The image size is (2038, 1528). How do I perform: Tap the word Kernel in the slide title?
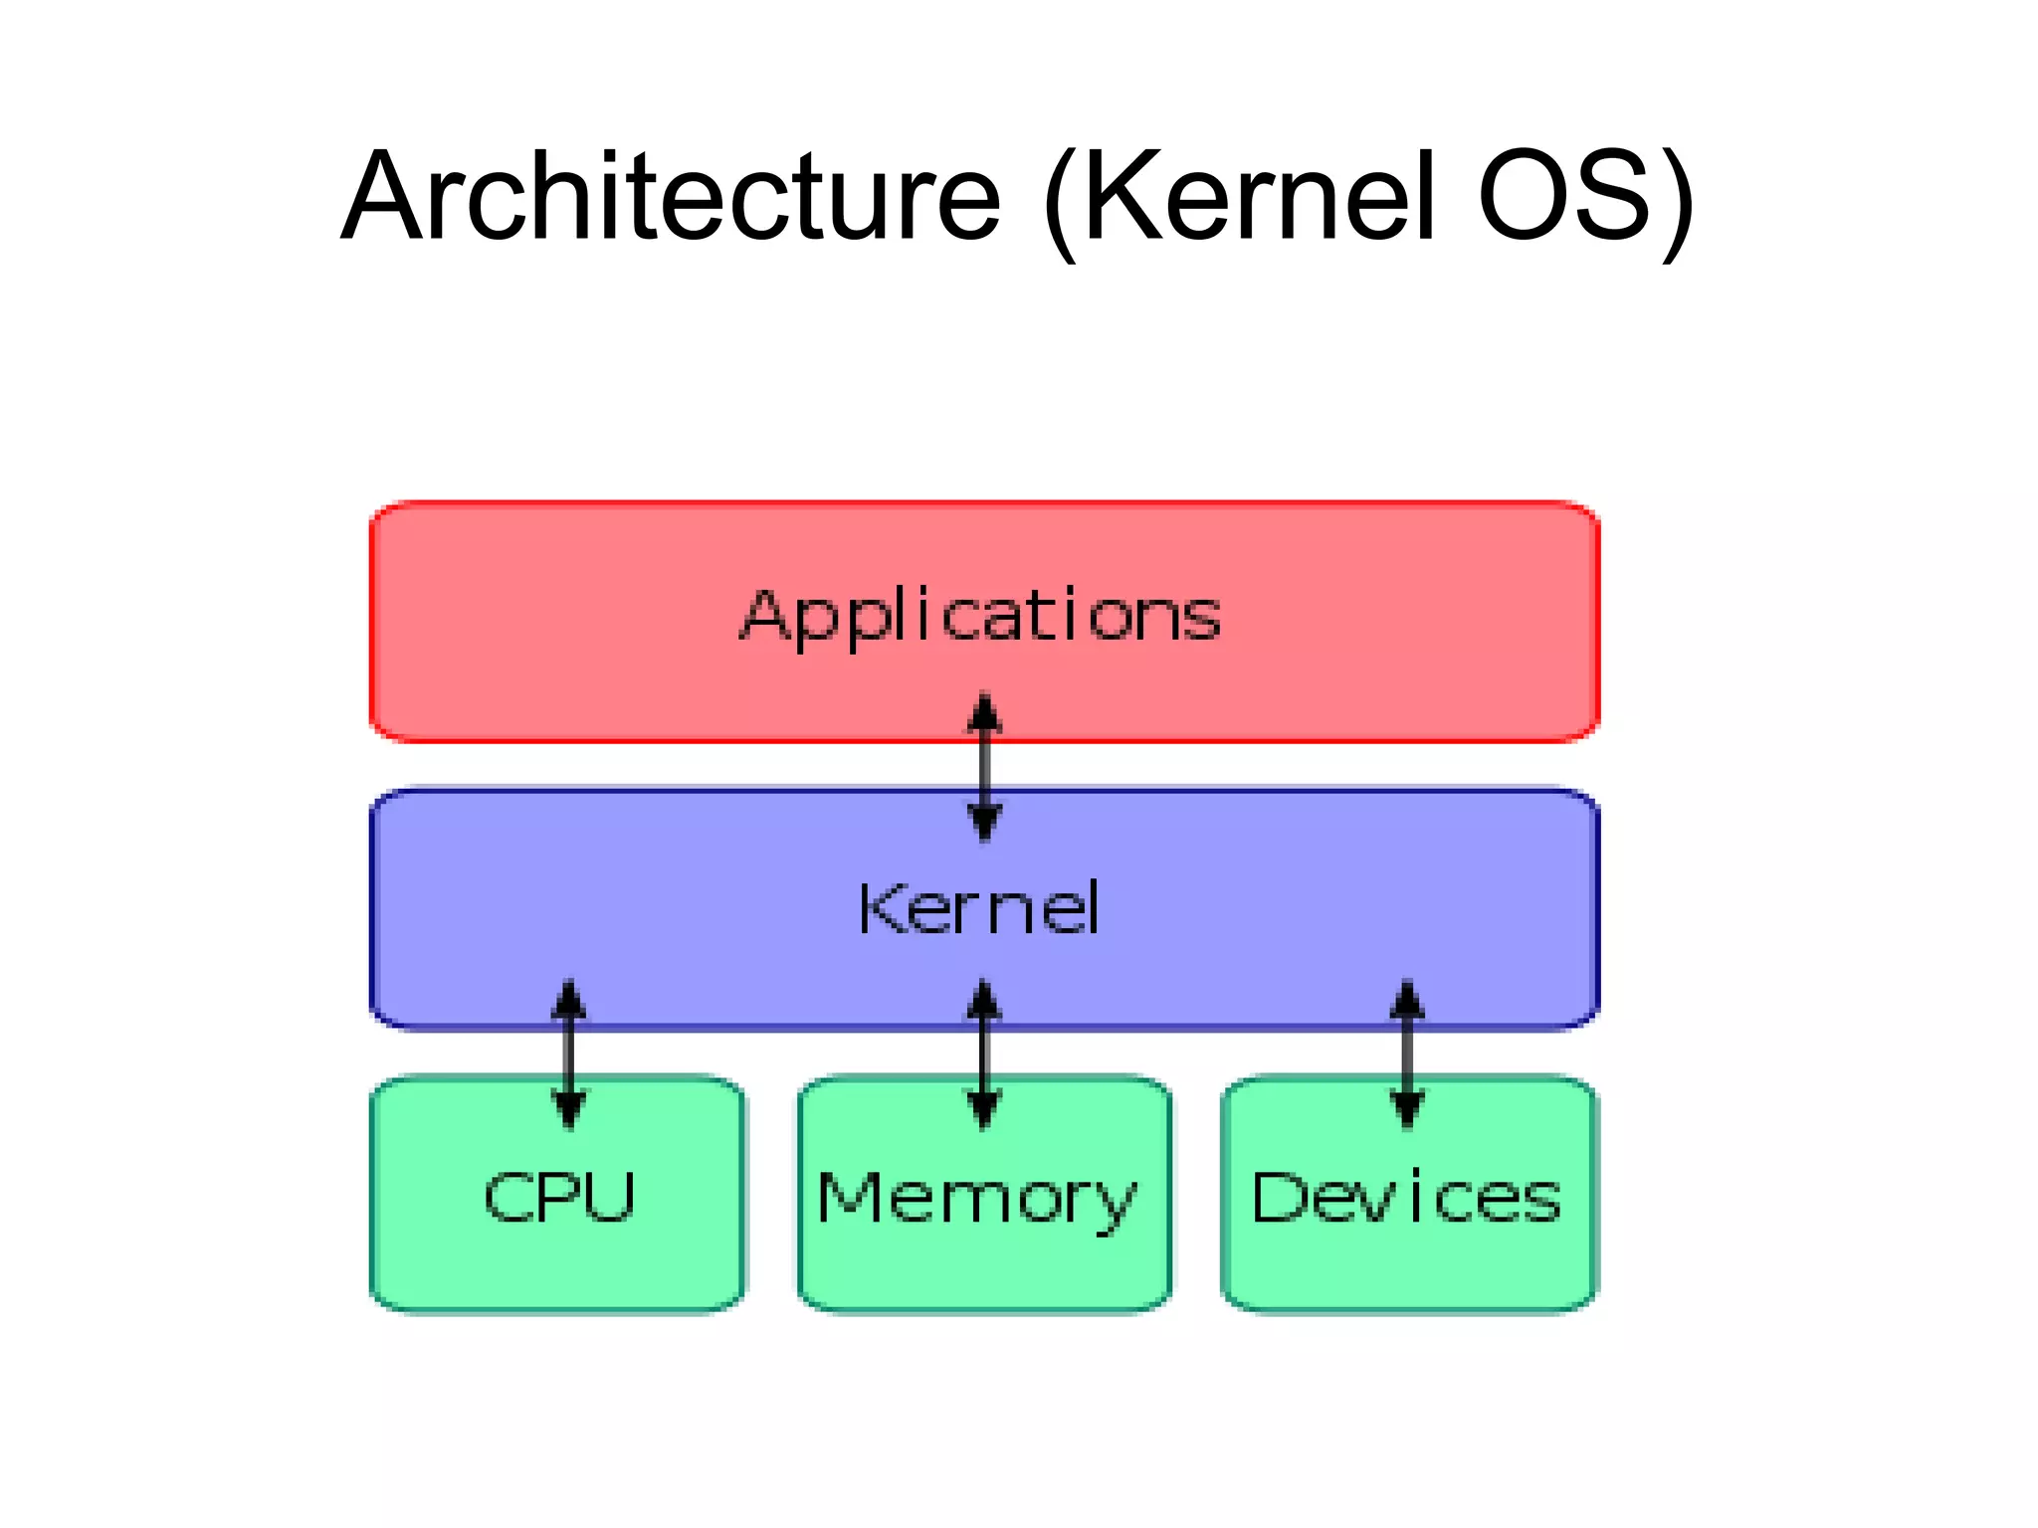click(1260, 196)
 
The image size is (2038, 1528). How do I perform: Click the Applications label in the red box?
click(980, 617)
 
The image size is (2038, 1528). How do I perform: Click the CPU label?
click(559, 1196)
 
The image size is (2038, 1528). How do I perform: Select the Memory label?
click(976, 1199)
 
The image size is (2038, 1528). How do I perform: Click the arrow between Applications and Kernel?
click(984, 767)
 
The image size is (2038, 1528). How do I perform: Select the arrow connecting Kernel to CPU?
click(568, 1054)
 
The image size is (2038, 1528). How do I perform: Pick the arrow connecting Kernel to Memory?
click(984, 1054)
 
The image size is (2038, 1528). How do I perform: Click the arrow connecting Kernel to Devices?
click(1406, 1054)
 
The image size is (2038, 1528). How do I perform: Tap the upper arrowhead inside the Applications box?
click(984, 712)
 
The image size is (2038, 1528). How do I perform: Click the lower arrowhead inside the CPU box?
click(568, 1109)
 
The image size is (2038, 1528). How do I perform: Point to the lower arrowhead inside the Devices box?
click(1406, 1109)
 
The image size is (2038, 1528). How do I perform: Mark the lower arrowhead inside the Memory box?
click(984, 1109)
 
